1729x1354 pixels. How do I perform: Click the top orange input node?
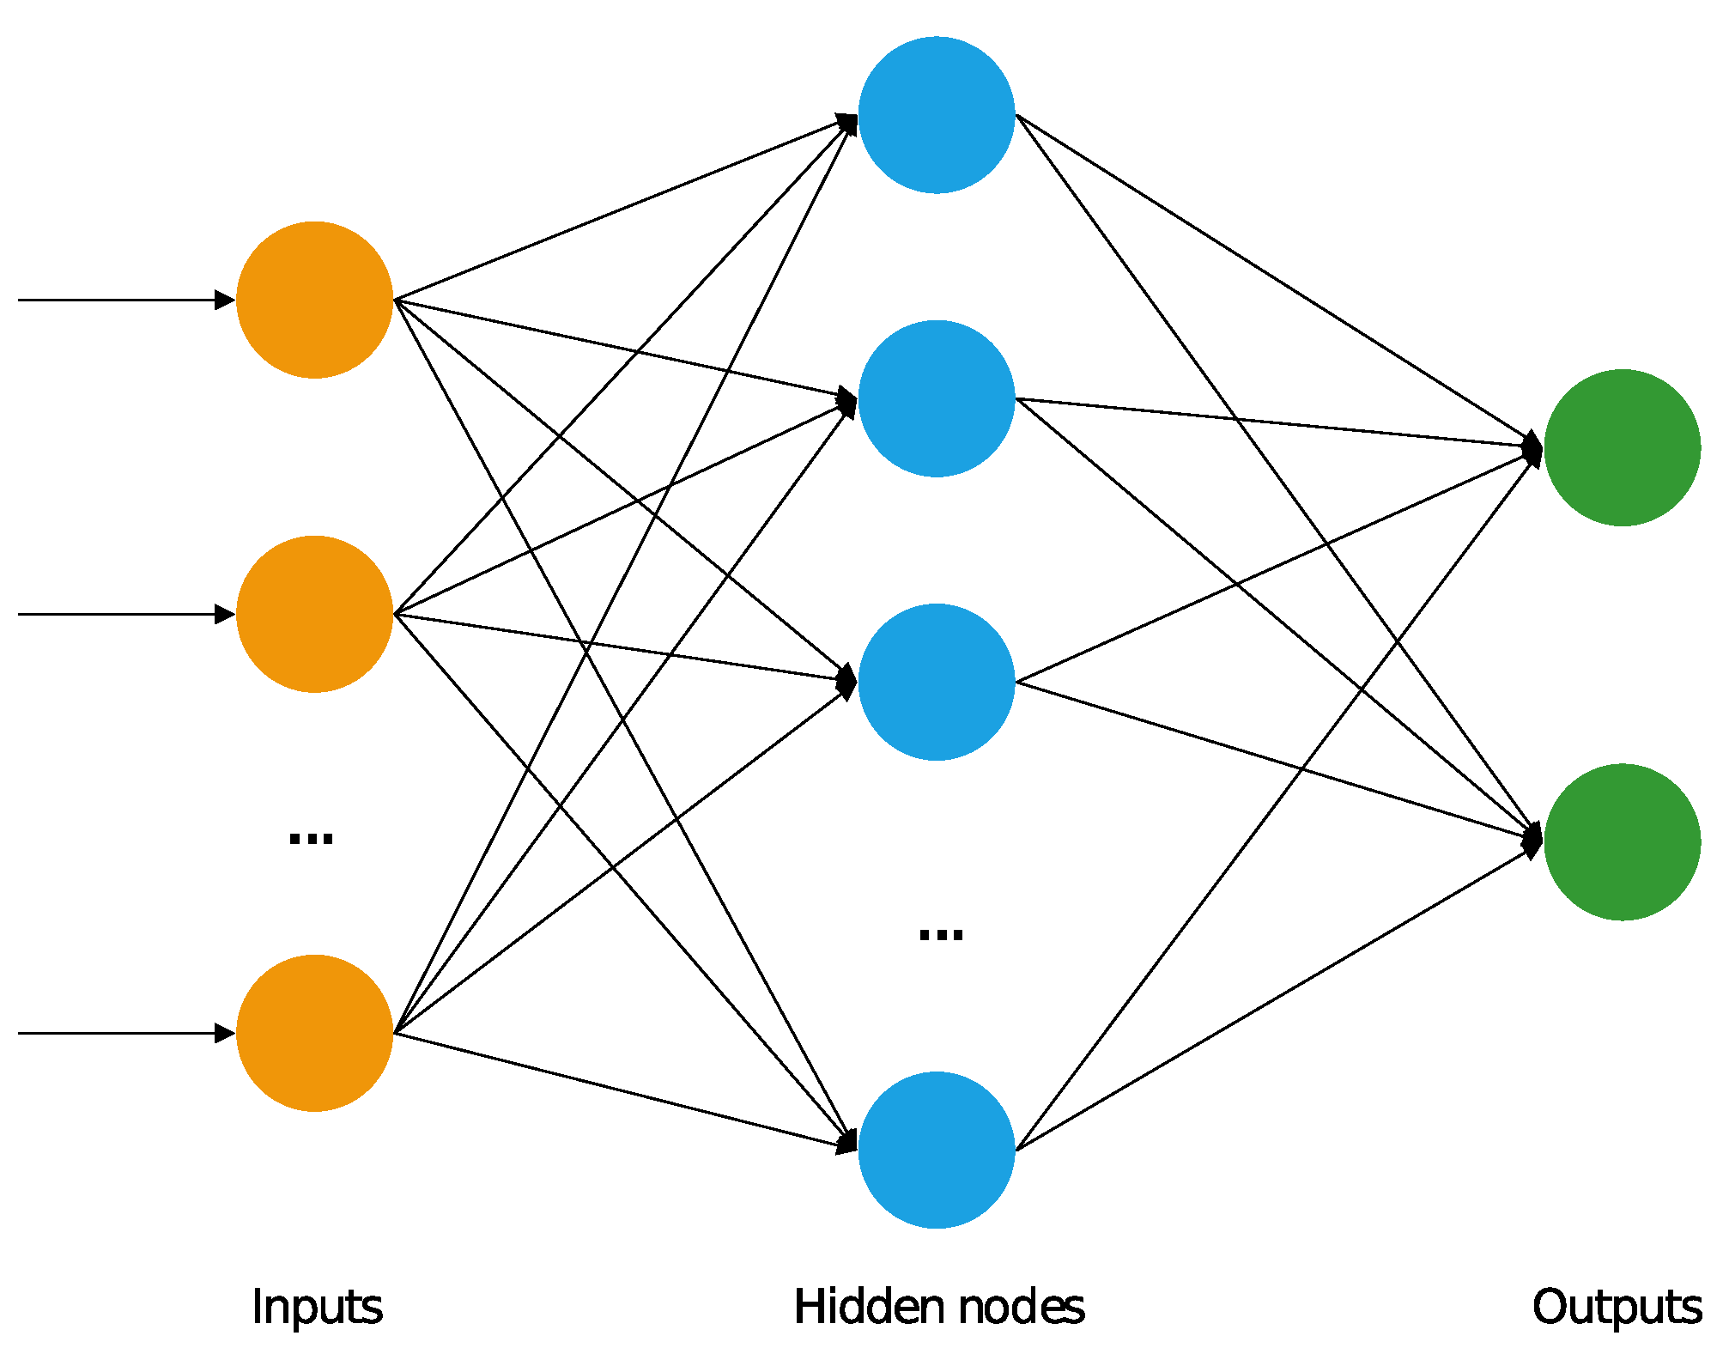click(x=314, y=300)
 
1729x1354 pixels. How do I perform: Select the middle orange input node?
click(x=314, y=614)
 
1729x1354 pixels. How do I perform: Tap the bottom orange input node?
click(x=314, y=1033)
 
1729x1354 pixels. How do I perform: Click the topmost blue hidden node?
click(x=936, y=115)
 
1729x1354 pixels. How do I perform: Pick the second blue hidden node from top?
click(x=936, y=398)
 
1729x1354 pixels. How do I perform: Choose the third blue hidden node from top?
click(x=936, y=682)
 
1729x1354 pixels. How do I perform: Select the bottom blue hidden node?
click(x=936, y=1150)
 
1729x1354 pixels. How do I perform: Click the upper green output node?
click(x=1622, y=447)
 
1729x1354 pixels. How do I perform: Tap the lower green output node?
click(x=1622, y=841)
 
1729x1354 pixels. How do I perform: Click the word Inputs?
click(x=317, y=1308)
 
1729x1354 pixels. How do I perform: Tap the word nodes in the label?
click(x=1021, y=1308)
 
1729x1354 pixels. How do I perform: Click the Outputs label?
click(x=1617, y=1308)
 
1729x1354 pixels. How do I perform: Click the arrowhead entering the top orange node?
click(x=225, y=300)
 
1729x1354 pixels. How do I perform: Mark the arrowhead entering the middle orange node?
click(x=225, y=614)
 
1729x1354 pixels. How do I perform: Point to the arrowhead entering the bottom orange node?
click(x=225, y=1033)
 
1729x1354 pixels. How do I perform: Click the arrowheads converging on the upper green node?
click(x=1532, y=447)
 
